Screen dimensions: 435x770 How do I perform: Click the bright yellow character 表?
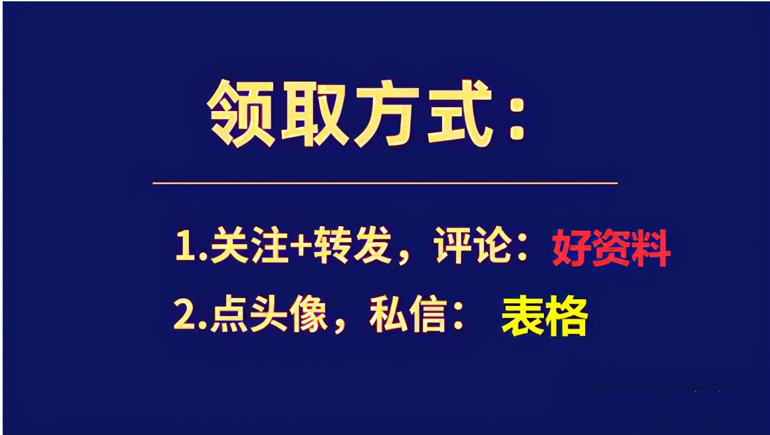click(x=521, y=317)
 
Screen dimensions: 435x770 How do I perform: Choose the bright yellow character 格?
click(x=567, y=317)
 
